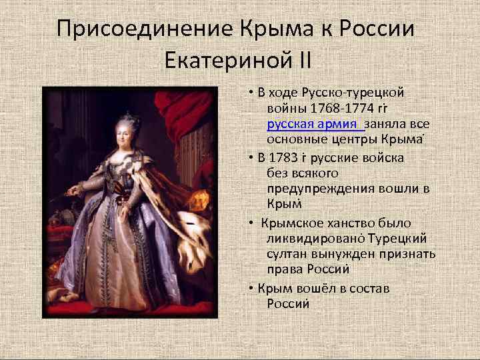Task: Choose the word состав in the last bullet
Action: coord(367,289)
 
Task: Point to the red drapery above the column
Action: coord(180,113)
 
